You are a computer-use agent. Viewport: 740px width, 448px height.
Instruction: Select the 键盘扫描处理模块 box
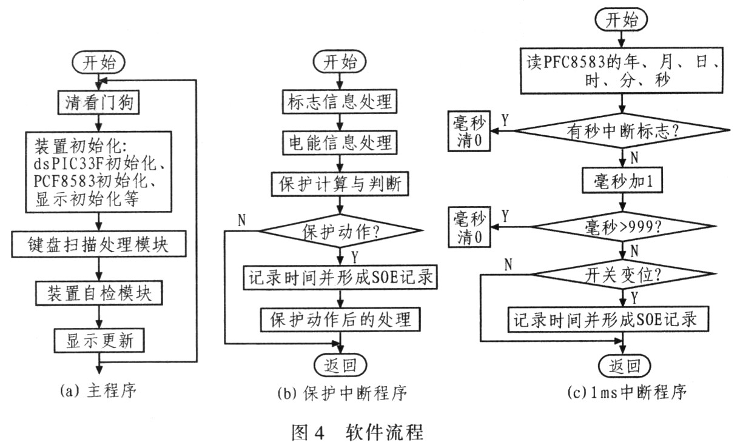(98, 245)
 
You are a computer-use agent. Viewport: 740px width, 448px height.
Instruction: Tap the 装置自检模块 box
(98, 293)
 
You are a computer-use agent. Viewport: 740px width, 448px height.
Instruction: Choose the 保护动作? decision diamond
(341, 230)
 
